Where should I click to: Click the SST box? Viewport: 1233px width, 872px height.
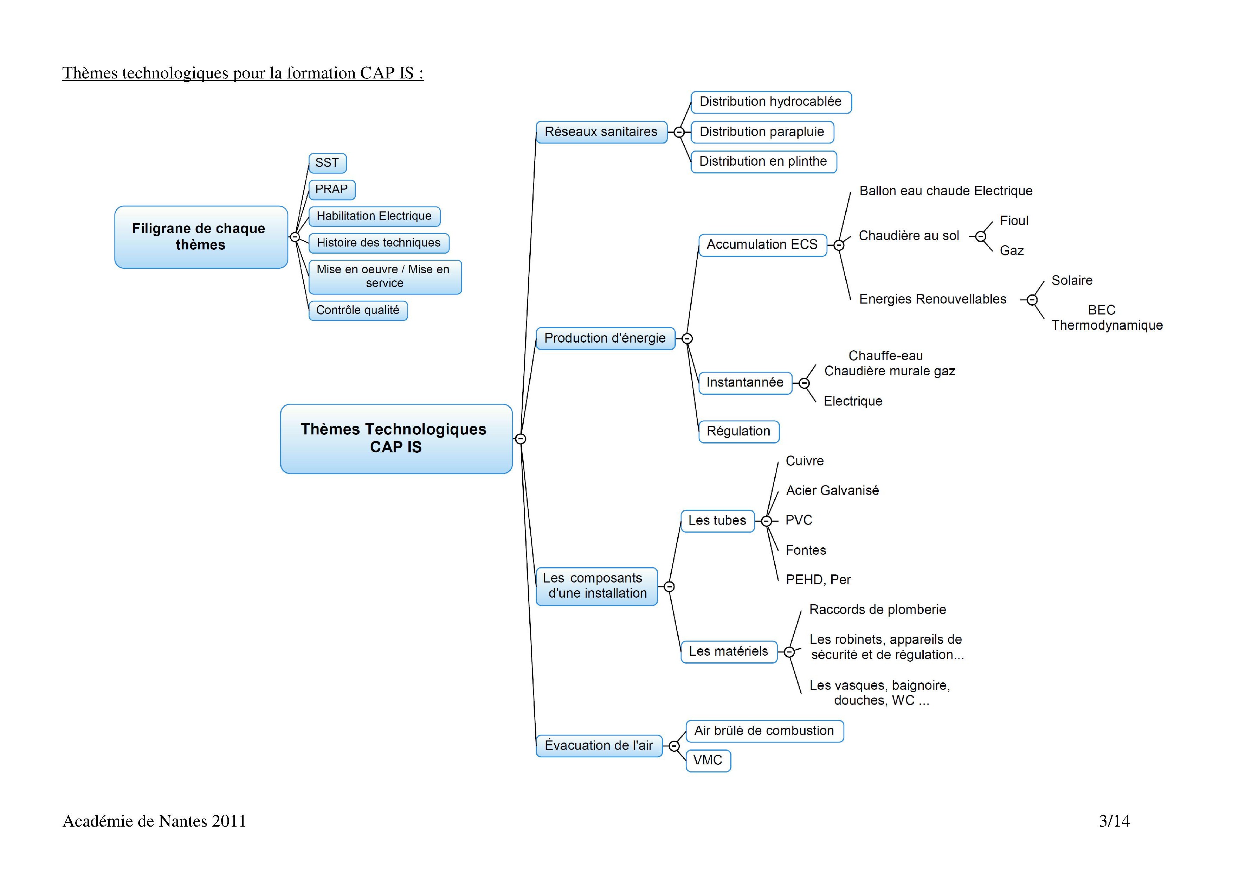[x=327, y=163]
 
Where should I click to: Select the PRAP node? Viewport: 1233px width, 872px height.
[x=331, y=190]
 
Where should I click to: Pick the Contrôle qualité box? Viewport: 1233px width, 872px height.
[x=358, y=311]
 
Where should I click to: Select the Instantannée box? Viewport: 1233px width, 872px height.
[x=745, y=383]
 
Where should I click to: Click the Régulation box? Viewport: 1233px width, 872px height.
[x=738, y=432]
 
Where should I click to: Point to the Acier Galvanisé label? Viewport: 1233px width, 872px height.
[x=832, y=491]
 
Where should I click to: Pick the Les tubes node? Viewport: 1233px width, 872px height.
[x=717, y=521]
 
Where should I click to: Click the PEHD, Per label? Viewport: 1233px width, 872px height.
[x=818, y=580]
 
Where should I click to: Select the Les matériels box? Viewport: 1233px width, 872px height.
[x=728, y=652]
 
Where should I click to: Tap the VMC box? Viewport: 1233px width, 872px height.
[x=708, y=760]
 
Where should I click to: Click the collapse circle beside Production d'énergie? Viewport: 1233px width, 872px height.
[x=687, y=338]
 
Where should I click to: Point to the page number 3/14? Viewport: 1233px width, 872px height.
[x=1114, y=821]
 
